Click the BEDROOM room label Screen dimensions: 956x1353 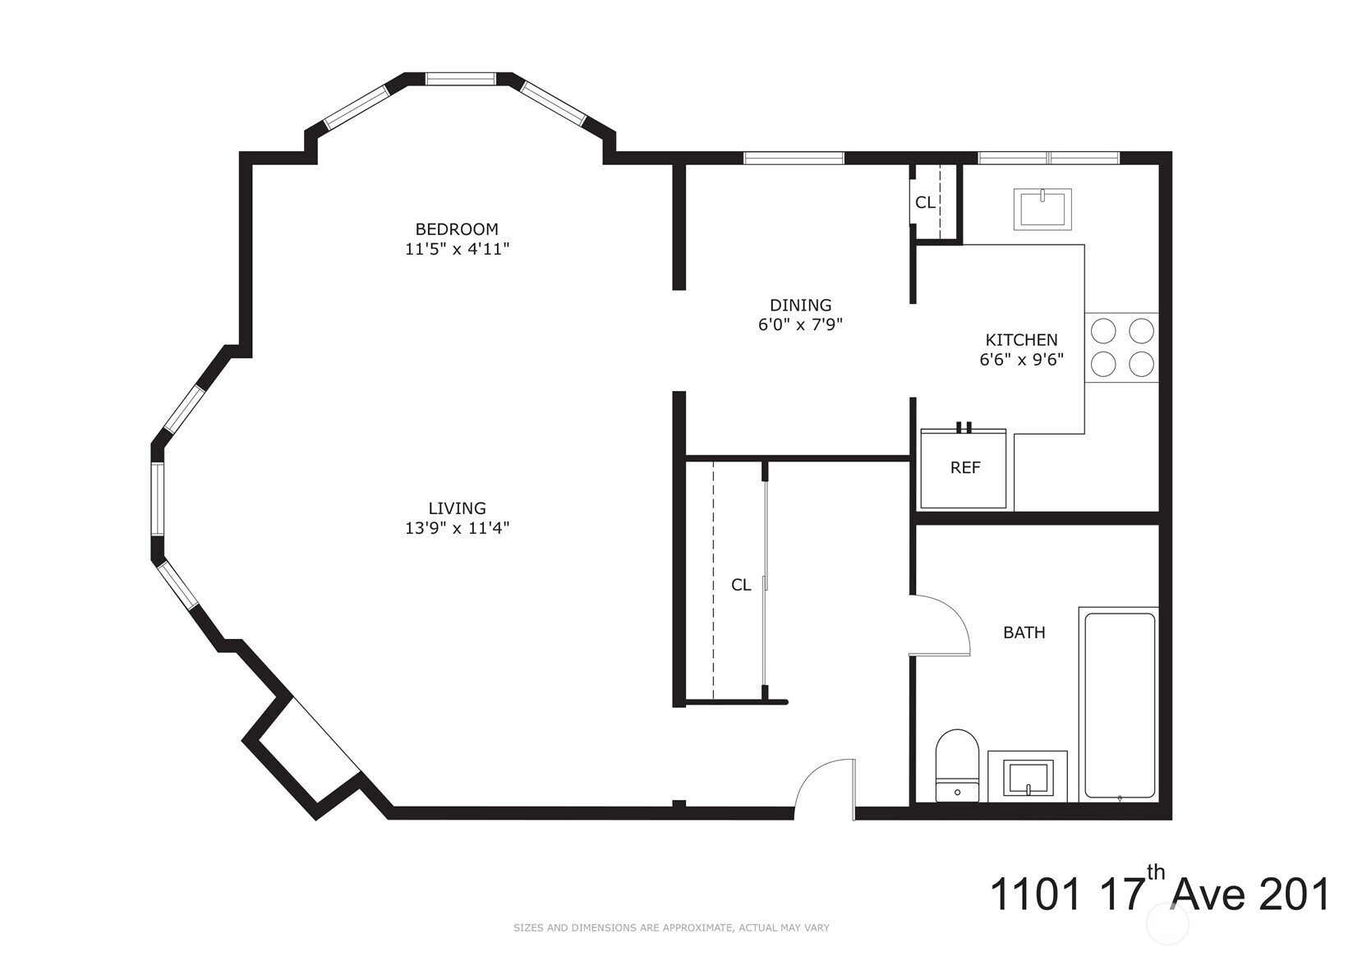pos(457,229)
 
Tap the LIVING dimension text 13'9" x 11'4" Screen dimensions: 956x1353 pos(457,528)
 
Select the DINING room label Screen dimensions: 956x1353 pos(800,306)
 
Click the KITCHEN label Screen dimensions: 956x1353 pos(1021,340)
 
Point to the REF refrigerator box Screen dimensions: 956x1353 pos(964,468)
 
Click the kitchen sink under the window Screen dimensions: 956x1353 pos(1042,209)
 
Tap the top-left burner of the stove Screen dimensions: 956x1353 pos(1102,330)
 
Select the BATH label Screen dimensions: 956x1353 pos(1024,632)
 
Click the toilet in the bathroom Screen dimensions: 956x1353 pos(957,765)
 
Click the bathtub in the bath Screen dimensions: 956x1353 pos(1119,704)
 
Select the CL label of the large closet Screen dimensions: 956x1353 pos(741,585)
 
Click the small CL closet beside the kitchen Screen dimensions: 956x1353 pos(925,202)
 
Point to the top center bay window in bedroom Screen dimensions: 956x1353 pos(461,79)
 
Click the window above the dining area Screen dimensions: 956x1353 pos(794,158)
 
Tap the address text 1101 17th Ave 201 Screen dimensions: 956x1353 pos(1158,894)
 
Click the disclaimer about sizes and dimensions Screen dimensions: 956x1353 pos(671,928)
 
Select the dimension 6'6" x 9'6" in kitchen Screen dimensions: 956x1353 pos(1021,360)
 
